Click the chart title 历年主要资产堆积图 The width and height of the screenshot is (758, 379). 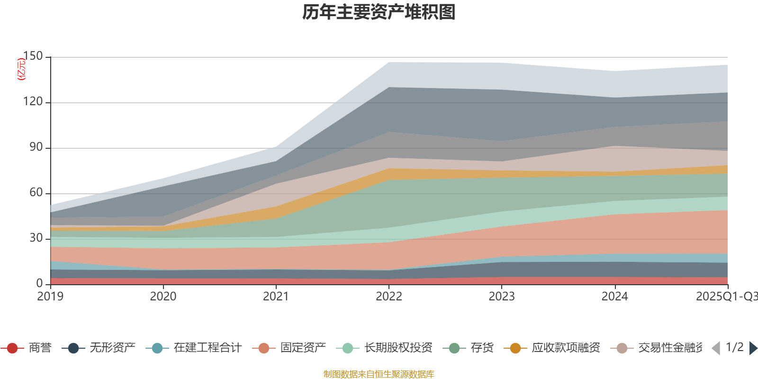379,12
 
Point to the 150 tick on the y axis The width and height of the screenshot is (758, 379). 33,56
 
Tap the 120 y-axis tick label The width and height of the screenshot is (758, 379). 33,102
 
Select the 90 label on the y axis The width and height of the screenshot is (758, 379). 36,147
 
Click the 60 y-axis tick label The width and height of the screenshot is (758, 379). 36,193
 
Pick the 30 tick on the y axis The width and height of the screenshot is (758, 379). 36,238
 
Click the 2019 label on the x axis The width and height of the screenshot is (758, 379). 50,297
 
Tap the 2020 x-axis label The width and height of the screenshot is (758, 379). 163,297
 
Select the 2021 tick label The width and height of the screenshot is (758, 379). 276,297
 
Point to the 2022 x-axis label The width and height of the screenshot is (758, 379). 388,297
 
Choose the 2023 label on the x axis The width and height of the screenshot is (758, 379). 501,297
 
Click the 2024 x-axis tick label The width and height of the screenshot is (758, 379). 614,297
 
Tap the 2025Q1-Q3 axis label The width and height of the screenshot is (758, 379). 726,297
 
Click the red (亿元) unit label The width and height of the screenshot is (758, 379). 21,69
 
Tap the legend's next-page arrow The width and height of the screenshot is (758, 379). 753,348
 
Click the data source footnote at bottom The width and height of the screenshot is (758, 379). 379,374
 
